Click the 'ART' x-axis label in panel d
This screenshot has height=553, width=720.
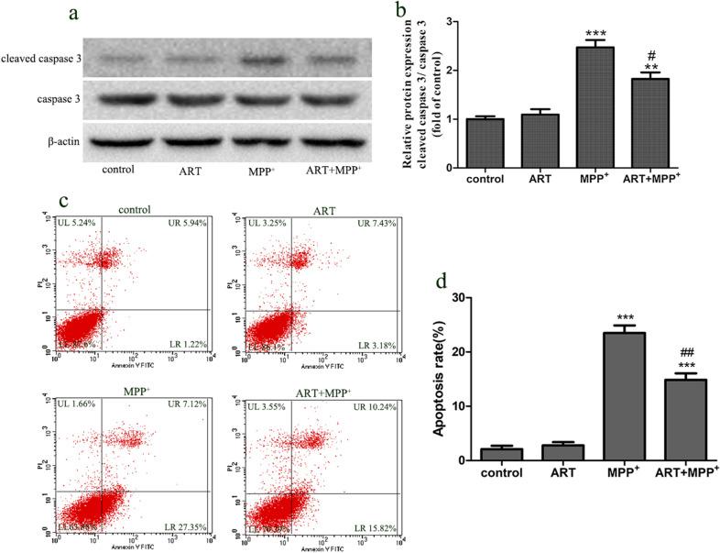point(562,473)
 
